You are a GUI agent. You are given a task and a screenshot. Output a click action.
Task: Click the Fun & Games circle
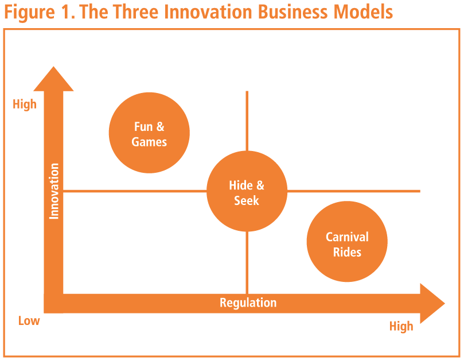click(x=149, y=133)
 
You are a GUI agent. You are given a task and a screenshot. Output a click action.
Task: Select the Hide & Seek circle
click(x=247, y=192)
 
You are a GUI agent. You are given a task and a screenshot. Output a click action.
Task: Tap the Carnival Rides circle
click(x=347, y=242)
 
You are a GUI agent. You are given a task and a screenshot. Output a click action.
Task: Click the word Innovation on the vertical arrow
click(x=54, y=191)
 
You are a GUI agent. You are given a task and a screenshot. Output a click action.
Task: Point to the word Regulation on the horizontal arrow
click(x=248, y=303)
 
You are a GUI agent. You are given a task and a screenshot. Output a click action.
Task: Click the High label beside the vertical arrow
click(x=25, y=104)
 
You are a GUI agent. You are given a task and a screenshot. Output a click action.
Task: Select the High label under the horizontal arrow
click(x=401, y=326)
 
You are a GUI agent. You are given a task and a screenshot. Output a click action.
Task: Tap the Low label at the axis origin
click(x=29, y=320)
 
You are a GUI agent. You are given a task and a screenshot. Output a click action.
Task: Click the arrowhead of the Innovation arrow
click(x=54, y=80)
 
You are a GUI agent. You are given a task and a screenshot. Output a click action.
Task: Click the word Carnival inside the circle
click(x=347, y=237)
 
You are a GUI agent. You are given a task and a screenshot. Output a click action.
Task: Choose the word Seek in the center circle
click(x=247, y=200)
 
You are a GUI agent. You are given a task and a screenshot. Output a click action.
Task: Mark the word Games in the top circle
click(x=149, y=141)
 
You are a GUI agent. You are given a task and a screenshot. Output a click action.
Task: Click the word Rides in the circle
click(x=347, y=251)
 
